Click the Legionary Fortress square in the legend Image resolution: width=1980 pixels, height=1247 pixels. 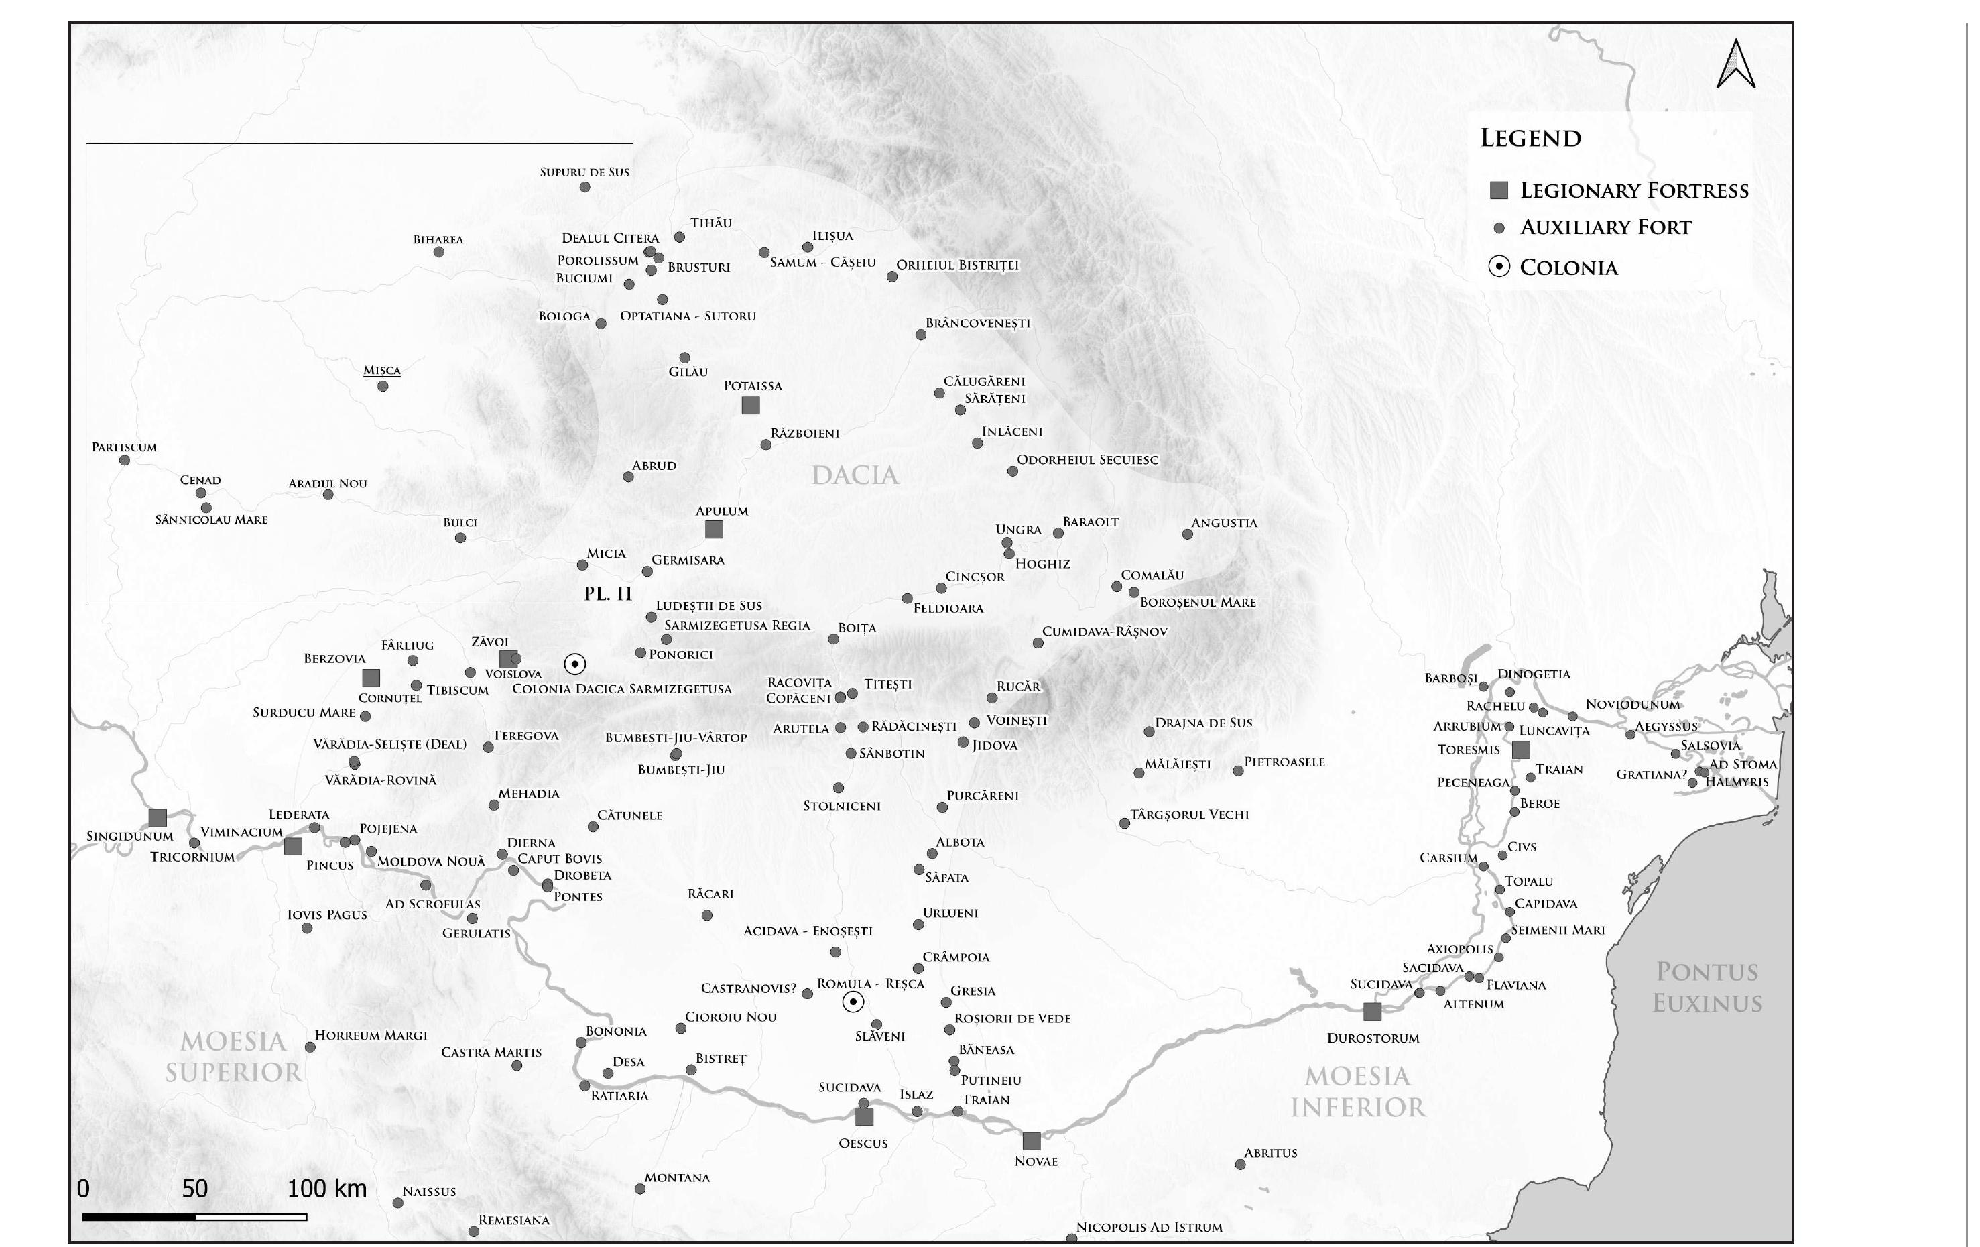pos(1499,191)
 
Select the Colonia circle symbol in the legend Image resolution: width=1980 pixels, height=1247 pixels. pos(1499,267)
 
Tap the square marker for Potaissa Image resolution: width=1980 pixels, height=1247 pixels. pos(750,405)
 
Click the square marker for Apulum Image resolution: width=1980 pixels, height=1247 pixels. pos(714,529)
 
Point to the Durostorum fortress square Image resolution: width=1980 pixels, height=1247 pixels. pos(1371,1011)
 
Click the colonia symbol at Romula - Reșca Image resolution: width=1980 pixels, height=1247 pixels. pos(853,1001)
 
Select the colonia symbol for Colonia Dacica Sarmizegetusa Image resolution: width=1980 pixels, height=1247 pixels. pos(574,664)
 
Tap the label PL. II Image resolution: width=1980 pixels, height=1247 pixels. pos(608,593)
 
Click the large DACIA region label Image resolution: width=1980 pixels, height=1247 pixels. pos(855,475)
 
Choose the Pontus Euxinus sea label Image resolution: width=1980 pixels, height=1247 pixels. pos(1707,987)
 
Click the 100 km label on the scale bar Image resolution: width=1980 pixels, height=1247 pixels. pos(326,1188)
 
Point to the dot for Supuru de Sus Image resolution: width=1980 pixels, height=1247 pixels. pos(584,187)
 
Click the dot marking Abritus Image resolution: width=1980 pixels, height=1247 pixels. pos(1240,1164)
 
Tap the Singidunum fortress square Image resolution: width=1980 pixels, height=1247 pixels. pos(157,818)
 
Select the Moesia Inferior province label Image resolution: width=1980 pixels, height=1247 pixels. pos(1357,1091)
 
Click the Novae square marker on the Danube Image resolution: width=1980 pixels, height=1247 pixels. pos(1031,1141)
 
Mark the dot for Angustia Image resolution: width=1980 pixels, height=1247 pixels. pos(1187,534)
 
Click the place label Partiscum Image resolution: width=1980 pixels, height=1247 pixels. pos(124,447)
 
